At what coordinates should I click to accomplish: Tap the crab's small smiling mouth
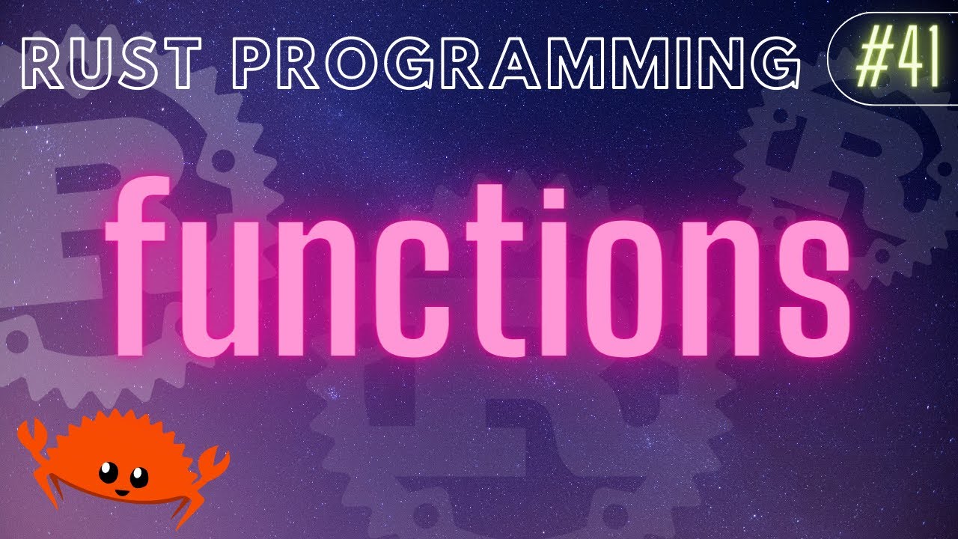click(119, 492)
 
